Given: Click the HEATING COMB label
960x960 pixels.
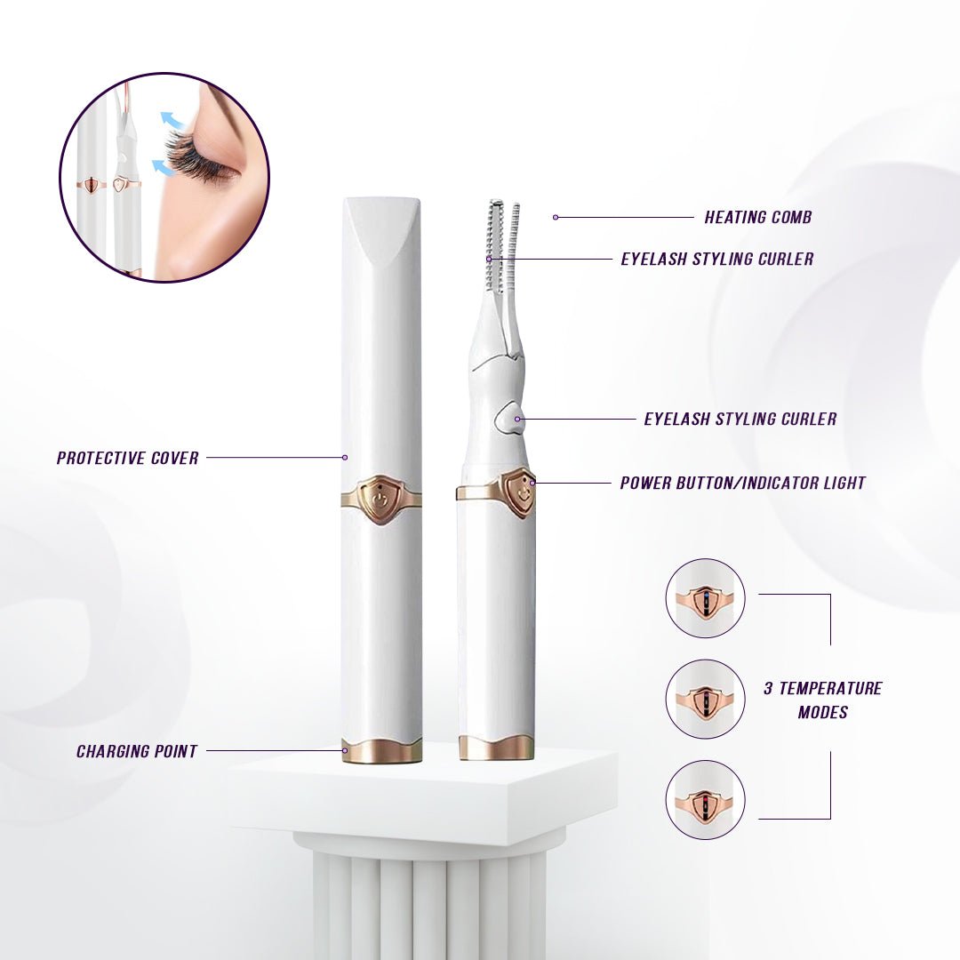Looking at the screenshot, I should (x=757, y=217).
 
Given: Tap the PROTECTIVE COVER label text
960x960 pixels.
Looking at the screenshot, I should (x=127, y=459).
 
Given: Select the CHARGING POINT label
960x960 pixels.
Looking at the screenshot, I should (x=136, y=752).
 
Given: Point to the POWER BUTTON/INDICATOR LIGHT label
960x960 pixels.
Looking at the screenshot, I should (x=742, y=484).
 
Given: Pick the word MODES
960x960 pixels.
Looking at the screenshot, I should (x=822, y=712).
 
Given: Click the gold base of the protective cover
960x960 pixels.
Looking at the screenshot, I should (x=382, y=751).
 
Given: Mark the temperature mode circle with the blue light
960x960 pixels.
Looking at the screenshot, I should (x=705, y=598).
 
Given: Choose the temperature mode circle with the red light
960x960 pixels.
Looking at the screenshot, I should (x=705, y=800).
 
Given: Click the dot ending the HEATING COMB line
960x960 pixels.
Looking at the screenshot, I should (x=556, y=217).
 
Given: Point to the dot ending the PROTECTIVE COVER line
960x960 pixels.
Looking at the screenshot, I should (x=345, y=458).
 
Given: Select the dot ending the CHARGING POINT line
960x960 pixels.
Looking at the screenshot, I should (x=345, y=751).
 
